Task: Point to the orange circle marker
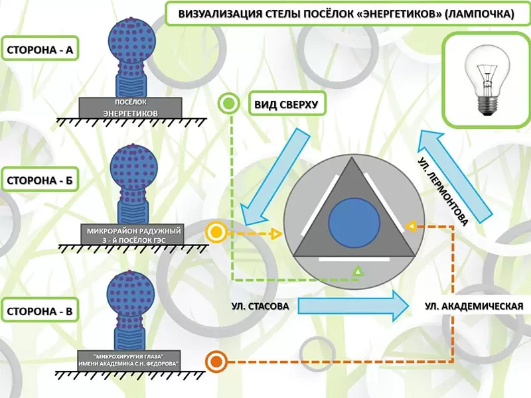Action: [214, 362]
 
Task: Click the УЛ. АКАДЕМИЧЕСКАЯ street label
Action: [470, 306]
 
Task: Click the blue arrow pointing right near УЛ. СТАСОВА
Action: [351, 305]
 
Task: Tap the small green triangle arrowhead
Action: [358, 271]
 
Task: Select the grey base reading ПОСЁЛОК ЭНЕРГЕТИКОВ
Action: [131, 107]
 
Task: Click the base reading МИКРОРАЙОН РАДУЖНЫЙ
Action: [129, 234]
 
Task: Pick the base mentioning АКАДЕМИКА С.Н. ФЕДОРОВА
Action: [129, 358]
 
